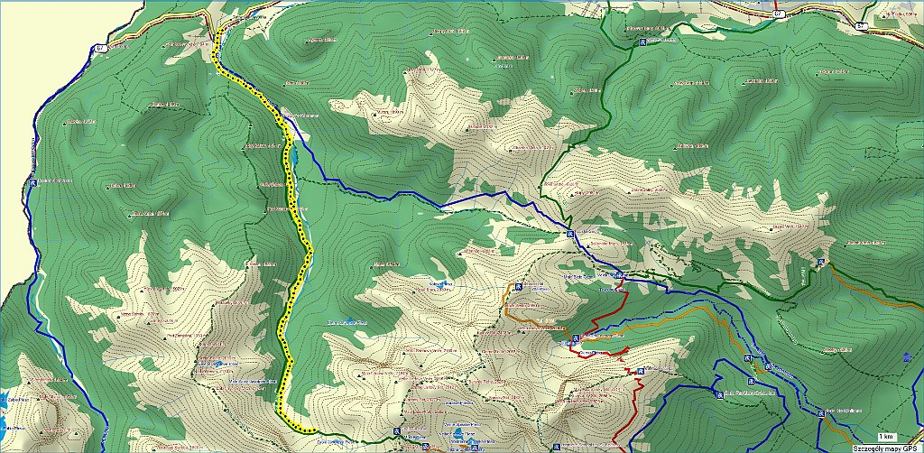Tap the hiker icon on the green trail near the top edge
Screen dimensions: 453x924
tap(642, 42)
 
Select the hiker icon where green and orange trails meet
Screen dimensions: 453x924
tap(820, 263)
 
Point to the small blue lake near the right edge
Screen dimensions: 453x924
tap(905, 356)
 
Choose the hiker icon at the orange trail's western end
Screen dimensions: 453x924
tap(518, 287)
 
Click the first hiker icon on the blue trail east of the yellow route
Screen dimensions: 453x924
tap(569, 235)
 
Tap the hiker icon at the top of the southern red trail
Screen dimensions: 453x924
tap(640, 371)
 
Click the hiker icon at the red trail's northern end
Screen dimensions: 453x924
tap(622, 274)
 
